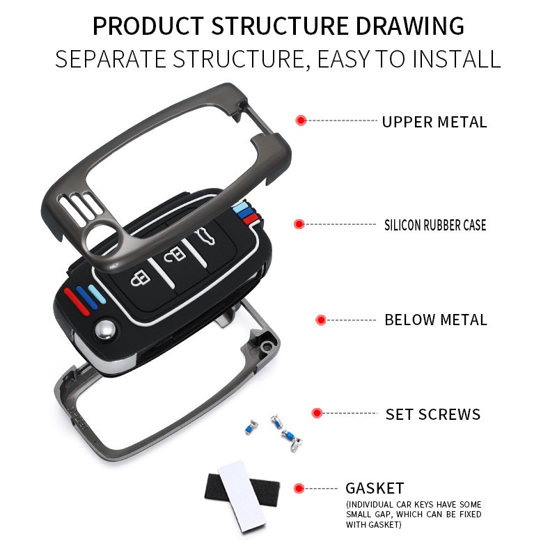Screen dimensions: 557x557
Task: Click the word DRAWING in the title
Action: point(409,26)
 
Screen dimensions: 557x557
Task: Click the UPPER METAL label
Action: point(434,122)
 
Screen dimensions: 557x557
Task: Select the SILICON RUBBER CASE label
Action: point(435,225)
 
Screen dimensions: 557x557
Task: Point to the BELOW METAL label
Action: point(436,320)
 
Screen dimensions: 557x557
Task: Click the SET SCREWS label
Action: point(433,414)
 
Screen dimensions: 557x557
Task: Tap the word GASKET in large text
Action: point(375,488)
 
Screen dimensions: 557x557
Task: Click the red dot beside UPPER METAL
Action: point(301,120)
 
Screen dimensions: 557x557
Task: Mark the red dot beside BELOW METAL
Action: point(321,320)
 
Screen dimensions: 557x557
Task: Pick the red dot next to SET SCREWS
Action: point(317,413)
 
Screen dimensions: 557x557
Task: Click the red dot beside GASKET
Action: point(299,489)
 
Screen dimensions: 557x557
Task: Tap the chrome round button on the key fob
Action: point(105,329)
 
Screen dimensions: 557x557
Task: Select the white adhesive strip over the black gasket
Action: point(242,496)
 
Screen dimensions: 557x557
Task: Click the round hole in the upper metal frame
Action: point(102,235)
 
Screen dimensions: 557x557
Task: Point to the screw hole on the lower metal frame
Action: point(265,346)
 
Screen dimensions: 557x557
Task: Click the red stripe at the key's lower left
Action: point(77,302)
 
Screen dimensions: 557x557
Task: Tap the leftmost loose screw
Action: point(251,427)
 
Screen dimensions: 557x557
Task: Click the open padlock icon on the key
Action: point(175,254)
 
